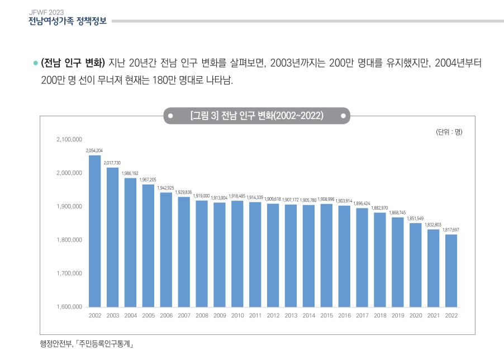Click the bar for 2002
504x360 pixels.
95,231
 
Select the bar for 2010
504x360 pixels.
237,254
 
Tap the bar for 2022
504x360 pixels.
451,271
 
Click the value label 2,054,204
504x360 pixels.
94,151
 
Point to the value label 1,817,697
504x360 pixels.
451,230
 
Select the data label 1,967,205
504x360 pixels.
148,180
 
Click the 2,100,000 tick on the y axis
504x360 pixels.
70,139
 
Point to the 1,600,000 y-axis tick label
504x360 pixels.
70,307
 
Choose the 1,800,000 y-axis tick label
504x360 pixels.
70,240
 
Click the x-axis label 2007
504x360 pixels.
184,316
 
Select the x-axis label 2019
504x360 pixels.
398,316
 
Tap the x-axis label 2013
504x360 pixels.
291,316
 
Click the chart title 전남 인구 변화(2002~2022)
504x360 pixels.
256,116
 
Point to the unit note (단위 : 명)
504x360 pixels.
449,132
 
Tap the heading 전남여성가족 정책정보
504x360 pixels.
67,22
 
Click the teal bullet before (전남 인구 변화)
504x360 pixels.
35,63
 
